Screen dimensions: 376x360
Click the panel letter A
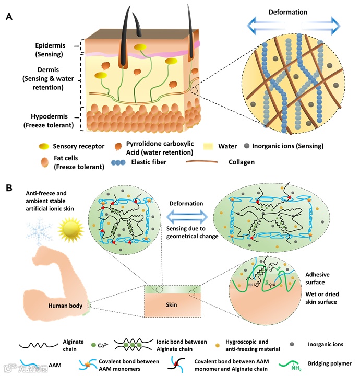[9, 17]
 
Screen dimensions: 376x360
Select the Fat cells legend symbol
[46, 162]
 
